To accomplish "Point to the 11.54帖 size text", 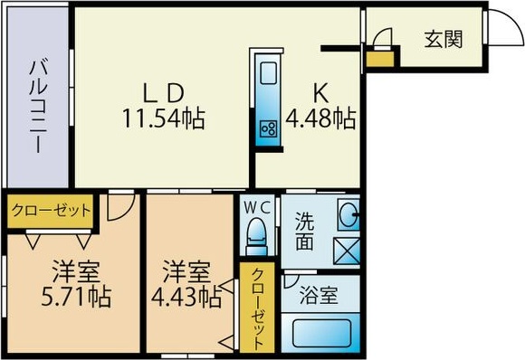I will tap(164, 118).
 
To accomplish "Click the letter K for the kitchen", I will tap(320, 92).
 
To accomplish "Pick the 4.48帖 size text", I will tap(320, 118).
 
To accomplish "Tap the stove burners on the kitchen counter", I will tap(268, 128).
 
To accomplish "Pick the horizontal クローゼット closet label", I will tap(51, 212).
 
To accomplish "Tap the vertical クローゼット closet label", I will tap(258, 308).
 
